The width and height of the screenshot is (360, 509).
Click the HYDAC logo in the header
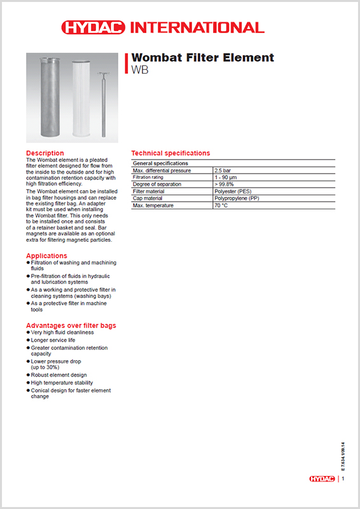coord(94,27)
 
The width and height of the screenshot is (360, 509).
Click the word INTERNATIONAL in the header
coord(197,27)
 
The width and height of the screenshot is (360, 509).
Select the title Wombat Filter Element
coord(202,58)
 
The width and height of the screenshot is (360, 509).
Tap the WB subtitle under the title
coord(139,70)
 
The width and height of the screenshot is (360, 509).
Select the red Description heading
coord(45,153)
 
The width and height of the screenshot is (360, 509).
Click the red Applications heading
coord(46,256)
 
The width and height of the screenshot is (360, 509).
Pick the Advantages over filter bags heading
coord(71,326)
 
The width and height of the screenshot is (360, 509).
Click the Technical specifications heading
coord(170,153)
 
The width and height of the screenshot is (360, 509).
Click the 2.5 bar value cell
coord(223,171)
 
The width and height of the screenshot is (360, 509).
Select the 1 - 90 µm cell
coord(226,178)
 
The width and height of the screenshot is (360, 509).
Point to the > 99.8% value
coord(225,185)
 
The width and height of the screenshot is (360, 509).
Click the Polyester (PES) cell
coord(232,192)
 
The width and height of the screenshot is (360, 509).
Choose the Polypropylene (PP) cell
coord(237,199)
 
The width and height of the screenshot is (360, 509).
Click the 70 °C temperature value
coord(221,206)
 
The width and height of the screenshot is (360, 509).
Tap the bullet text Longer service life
coord(53,340)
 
